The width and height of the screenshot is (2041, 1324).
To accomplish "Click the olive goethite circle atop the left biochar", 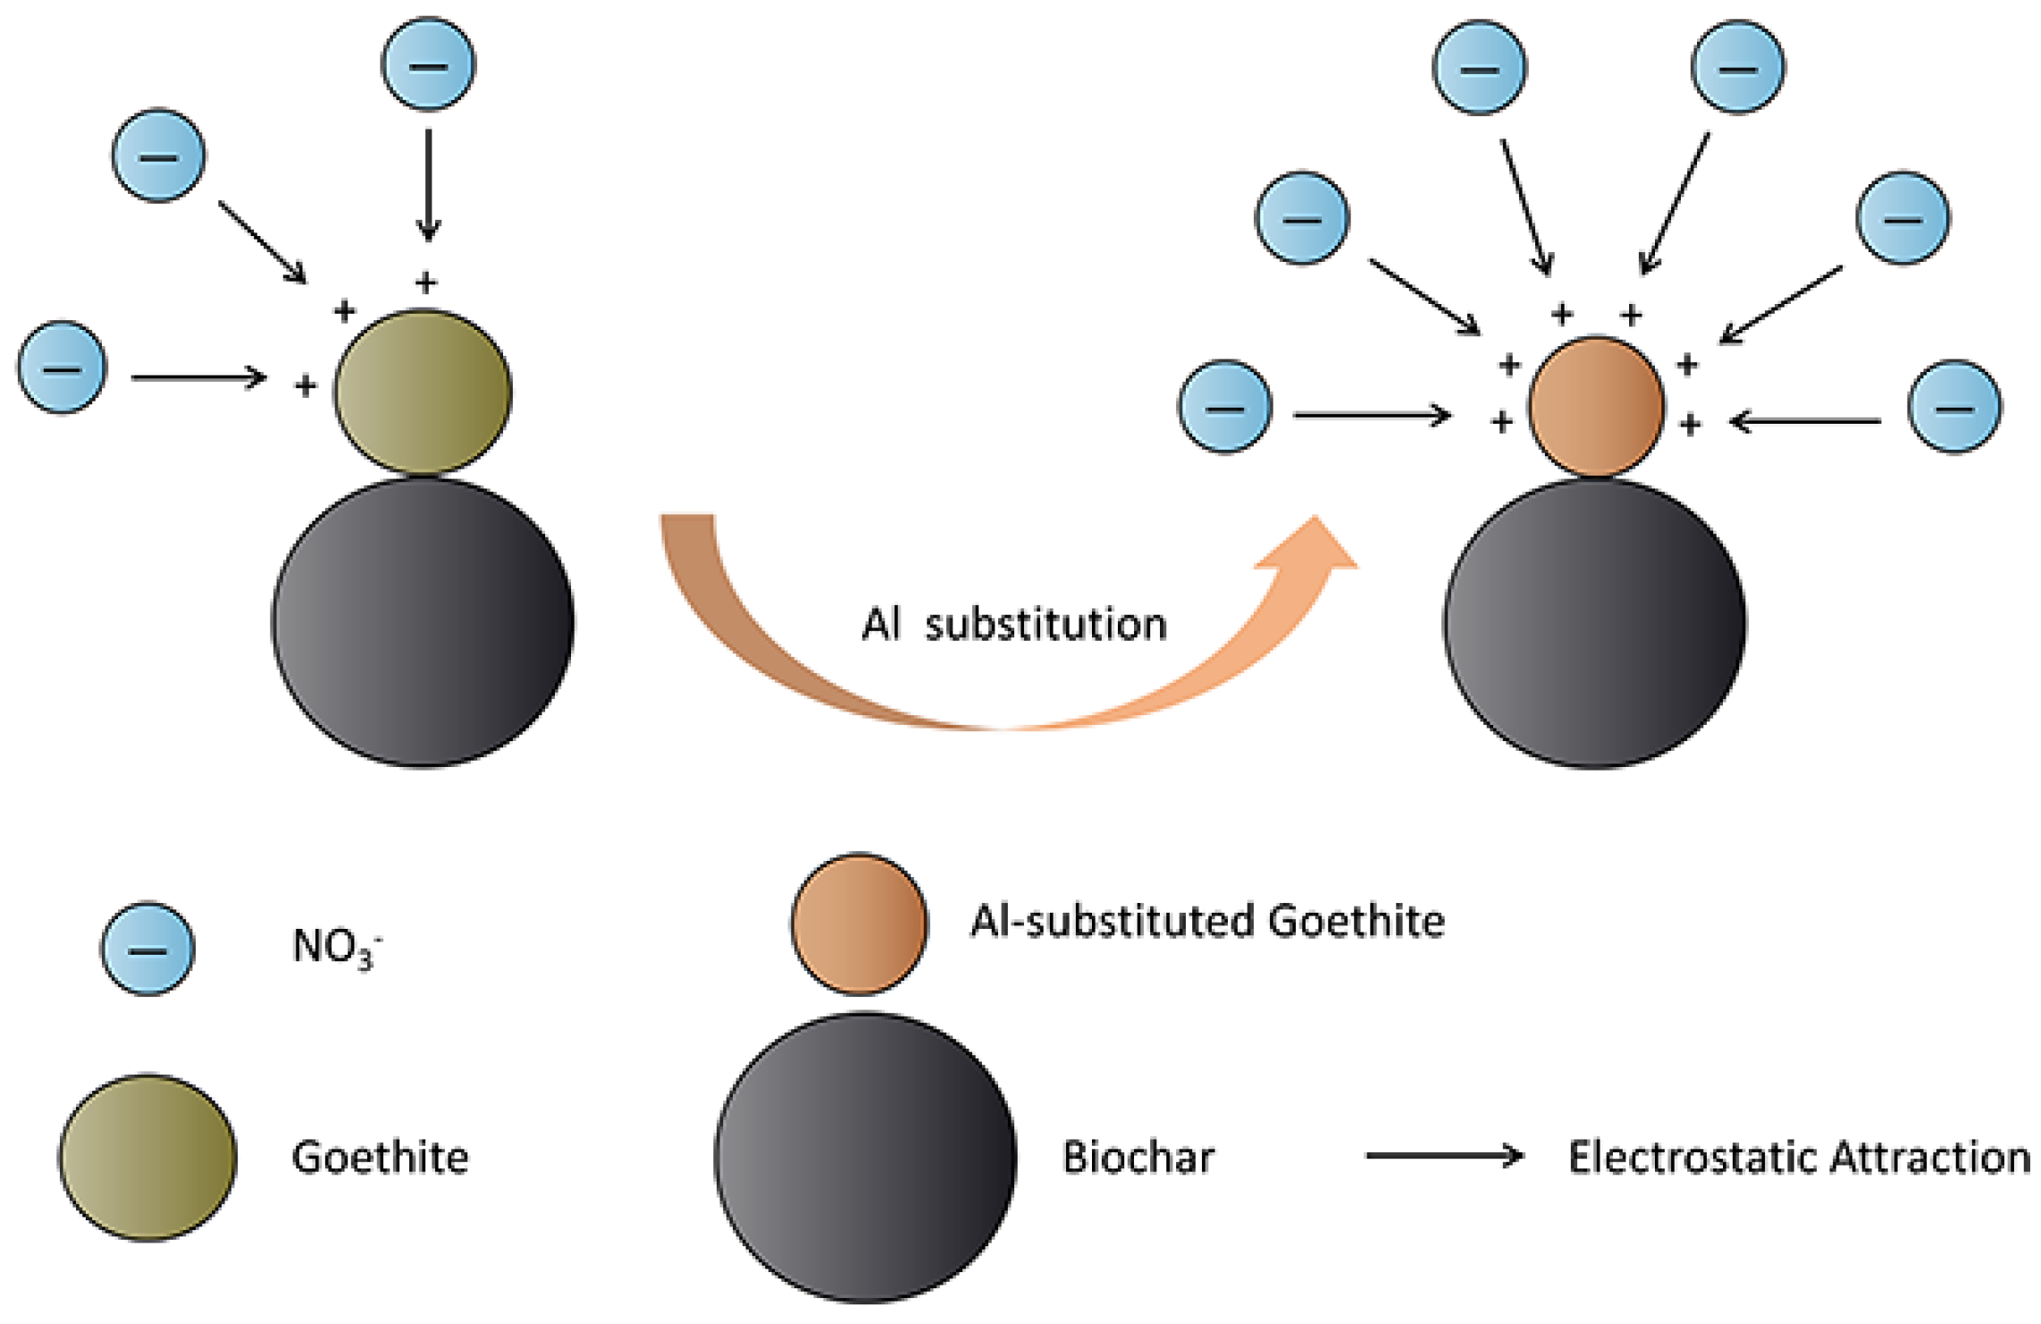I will tap(423, 392).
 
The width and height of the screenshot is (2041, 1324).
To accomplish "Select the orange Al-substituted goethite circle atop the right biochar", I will tap(1596, 407).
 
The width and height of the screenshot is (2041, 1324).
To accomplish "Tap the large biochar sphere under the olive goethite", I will tap(423, 622).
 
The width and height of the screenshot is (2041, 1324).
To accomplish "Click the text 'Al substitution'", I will tap(1014, 625).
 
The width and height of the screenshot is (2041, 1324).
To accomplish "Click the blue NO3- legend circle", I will tap(147, 948).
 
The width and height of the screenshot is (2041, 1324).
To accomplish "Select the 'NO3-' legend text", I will tap(336, 946).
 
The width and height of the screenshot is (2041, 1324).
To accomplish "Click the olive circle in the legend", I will tap(147, 1157).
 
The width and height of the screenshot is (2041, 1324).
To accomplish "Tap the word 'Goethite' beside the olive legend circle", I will tap(381, 1158).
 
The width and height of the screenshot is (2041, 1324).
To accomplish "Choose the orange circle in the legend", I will tap(859, 923).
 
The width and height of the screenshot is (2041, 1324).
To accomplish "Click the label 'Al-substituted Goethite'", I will tap(1207, 922).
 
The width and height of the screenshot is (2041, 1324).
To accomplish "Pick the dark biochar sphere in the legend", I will tap(865, 1158).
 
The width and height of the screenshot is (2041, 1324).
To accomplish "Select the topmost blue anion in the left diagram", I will tap(429, 65).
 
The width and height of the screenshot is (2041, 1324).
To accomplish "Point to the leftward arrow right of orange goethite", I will tap(1805, 421).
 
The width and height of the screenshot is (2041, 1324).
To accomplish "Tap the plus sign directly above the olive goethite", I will tap(426, 283).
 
